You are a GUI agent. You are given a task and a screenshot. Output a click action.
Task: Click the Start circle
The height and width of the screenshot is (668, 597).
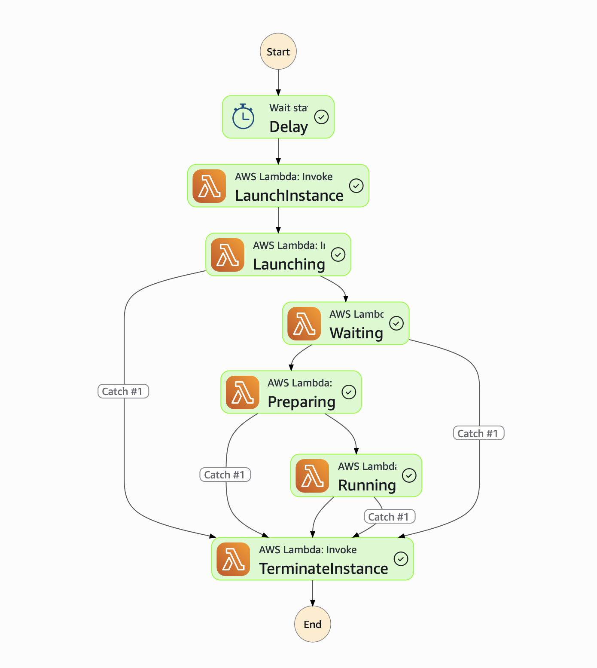click(x=278, y=52)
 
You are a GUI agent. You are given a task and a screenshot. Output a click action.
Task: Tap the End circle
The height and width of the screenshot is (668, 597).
click(x=313, y=624)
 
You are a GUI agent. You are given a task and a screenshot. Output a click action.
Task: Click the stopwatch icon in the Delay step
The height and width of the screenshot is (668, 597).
click(x=243, y=116)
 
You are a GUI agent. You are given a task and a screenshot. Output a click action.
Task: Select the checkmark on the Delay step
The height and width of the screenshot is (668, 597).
click(x=321, y=117)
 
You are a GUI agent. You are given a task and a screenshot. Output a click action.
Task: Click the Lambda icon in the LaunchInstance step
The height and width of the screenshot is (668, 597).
click(x=209, y=186)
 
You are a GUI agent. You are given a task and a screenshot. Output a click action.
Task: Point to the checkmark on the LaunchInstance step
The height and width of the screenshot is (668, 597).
click(x=356, y=186)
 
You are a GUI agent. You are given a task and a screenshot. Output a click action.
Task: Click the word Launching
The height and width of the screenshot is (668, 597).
click(x=289, y=264)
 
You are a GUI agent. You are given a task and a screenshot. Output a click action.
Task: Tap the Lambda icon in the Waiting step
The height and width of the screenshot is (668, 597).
click(x=304, y=324)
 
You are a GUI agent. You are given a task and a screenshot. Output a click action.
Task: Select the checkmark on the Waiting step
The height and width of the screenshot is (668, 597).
click(x=396, y=323)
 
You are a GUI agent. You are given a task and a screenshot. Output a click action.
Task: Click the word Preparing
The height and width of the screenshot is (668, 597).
click(x=302, y=402)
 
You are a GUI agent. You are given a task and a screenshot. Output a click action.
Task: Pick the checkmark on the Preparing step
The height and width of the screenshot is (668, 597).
click(x=349, y=392)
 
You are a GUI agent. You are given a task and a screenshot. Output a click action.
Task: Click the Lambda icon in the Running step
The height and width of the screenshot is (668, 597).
click(x=312, y=476)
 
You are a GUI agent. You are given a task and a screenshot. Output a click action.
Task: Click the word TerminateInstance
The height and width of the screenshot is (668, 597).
click(x=323, y=569)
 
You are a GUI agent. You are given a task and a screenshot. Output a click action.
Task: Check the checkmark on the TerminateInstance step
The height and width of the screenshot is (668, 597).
click(x=401, y=559)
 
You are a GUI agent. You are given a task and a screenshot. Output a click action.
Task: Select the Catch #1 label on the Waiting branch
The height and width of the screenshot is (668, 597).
click(x=478, y=433)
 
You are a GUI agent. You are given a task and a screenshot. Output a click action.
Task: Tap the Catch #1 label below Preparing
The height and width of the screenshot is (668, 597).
click(x=225, y=475)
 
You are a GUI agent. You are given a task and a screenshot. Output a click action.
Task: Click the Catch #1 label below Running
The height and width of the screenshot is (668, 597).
click(x=390, y=517)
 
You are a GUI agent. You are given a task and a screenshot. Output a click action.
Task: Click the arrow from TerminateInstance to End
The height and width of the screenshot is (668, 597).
click(x=313, y=593)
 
